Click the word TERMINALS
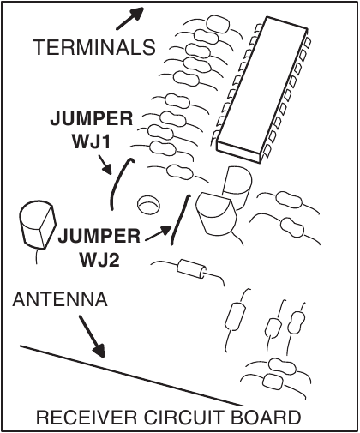point(94,47)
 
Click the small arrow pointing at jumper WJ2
point(156,231)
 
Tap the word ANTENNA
point(59,300)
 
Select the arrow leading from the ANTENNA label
point(89,336)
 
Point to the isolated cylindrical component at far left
point(37,225)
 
